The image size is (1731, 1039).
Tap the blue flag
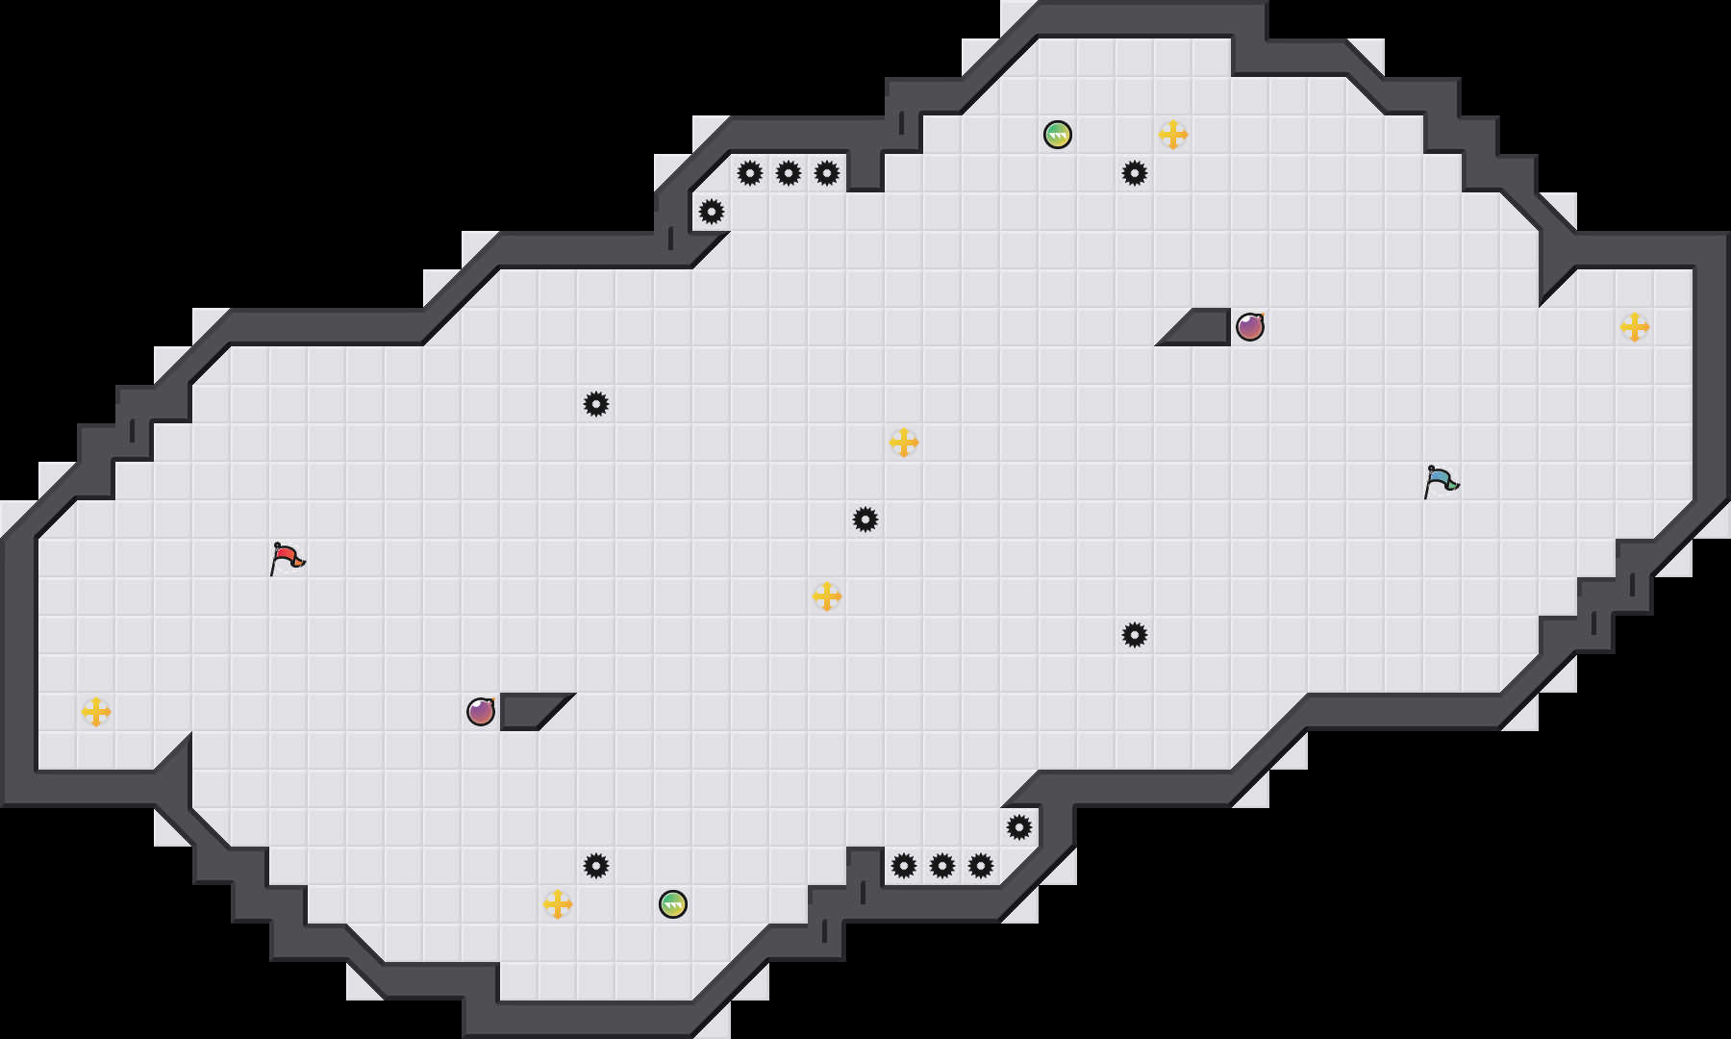(x=1441, y=481)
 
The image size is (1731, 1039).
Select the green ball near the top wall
(x=1058, y=135)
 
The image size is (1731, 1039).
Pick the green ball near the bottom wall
(x=673, y=904)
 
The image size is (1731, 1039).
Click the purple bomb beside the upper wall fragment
(x=1250, y=327)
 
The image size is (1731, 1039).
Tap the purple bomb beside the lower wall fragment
(x=481, y=712)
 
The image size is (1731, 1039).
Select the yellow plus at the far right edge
(x=1635, y=327)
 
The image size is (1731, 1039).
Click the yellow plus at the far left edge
(x=96, y=712)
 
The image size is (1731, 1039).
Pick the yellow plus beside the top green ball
(x=1173, y=135)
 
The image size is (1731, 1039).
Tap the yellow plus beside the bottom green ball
(x=558, y=904)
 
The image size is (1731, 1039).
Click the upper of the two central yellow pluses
(x=904, y=443)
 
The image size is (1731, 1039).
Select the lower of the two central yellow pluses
(x=827, y=596)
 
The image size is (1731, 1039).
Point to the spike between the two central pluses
(x=865, y=519)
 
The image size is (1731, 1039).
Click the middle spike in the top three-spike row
(x=789, y=173)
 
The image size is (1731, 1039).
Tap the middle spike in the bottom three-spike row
(x=942, y=866)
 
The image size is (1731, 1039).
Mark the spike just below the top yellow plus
(x=1135, y=173)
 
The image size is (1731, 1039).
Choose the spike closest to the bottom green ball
(x=596, y=866)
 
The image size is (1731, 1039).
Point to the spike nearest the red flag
(x=596, y=404)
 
